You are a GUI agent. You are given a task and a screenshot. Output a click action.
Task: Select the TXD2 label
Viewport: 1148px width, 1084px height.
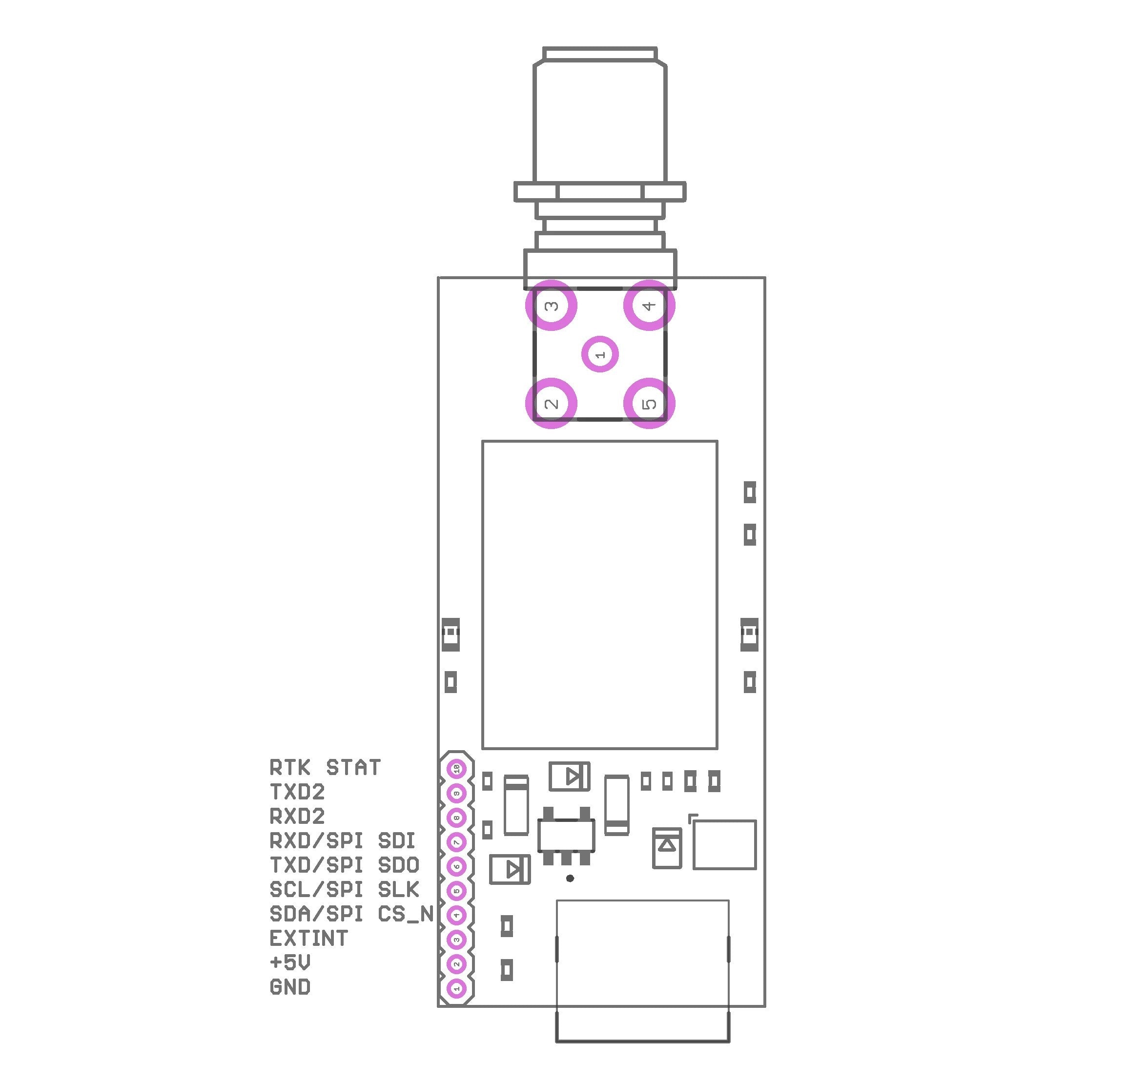tap(297, 792)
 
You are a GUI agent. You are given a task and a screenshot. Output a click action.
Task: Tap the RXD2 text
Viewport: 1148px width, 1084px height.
tap(297, 817)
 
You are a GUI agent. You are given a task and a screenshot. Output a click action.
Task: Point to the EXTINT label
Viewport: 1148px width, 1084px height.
tap(308, 939)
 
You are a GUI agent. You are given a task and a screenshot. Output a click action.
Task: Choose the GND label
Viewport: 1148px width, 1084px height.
tap(290, 987)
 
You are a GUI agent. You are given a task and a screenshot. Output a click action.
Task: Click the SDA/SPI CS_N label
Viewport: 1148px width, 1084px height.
tap(351, 914)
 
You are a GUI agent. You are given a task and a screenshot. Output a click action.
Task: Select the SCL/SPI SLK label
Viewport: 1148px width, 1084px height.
tap(344, 890)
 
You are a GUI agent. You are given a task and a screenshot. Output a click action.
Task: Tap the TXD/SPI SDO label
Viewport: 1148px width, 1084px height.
tap(344, 865)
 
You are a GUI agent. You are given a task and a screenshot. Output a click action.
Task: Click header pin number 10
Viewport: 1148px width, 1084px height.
tap(456, 769)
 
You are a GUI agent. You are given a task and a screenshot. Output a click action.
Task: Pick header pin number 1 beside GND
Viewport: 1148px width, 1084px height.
tap(456, 989)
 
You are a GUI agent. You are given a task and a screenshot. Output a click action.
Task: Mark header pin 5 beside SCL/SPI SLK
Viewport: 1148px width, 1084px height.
tap(456, 891)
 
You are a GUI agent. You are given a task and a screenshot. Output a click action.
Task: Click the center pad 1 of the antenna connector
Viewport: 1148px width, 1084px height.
tap(600, 355)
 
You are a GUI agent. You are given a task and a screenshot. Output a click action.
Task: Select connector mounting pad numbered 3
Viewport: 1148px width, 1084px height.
tap(551, 305)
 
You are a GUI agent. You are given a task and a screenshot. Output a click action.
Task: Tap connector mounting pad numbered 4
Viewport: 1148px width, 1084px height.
tap(649, 305)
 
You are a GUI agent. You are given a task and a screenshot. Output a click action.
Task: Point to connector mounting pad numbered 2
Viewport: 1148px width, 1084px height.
tap(551, 403)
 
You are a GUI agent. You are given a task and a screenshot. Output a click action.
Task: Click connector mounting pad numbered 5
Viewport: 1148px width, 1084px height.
tap(649, 403)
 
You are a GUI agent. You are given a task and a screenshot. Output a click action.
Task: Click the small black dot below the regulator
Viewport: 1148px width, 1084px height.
tap(570, 879)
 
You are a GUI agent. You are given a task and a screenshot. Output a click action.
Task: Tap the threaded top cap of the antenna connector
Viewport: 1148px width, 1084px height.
tap(600, 54)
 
